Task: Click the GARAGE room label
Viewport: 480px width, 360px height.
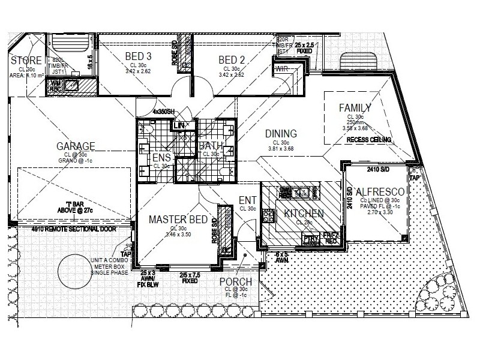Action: tap(76, 146)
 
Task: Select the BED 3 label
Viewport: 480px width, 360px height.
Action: tap(138, 58)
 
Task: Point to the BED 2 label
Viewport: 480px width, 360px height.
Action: tap(231, 59)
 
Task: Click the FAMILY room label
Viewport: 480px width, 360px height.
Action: tap(355, 108)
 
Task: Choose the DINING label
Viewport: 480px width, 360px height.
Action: tap(281, 133)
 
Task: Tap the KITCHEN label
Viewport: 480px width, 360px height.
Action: tap(304, 214)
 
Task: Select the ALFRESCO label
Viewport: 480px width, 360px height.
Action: tap(378, 192)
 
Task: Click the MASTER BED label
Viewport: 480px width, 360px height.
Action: tap(178, 220)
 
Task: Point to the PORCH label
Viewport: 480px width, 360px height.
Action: tap(235, 283)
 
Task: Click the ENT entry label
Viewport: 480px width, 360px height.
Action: tap(248, 200)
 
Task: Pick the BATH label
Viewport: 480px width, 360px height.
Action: tap(211, 146)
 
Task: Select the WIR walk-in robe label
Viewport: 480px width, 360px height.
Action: tap(281, 69)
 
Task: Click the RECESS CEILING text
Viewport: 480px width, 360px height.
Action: tap(368, 140)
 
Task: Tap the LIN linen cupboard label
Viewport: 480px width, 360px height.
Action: tap(179, 125)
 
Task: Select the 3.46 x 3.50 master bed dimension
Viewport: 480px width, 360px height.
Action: tap(178, 235)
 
